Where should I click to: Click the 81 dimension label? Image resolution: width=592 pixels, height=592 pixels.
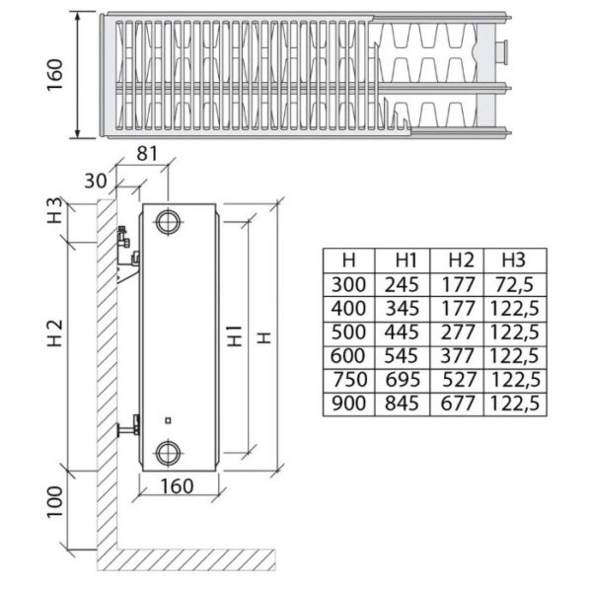(x=147, y=154)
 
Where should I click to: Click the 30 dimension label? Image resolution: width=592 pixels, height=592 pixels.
(x=96, y=181)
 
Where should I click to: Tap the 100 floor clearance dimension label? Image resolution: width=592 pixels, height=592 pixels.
(x=54, y=502)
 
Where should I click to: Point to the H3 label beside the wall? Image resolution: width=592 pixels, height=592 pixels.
(x=54, y=210)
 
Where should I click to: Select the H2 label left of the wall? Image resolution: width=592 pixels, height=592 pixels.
(x=54, y=333)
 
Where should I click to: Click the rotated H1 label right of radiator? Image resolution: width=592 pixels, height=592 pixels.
(x=236, y=336)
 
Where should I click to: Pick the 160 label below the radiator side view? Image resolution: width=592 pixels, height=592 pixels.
(x=177, y=486)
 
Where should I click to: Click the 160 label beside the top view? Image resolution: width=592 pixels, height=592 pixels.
(x=54, y=74)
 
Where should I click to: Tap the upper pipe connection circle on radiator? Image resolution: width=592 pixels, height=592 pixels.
(x=169, y=222)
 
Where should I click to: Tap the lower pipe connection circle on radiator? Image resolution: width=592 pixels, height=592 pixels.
(x=169, y=453)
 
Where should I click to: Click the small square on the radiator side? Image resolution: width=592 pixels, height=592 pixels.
(x=169, y=420)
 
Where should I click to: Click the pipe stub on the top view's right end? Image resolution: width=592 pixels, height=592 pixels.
(x=501, y=52)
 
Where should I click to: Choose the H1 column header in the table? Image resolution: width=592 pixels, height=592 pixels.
(x=406, y=260)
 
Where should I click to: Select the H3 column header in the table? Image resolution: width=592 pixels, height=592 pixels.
(x=513, y=260)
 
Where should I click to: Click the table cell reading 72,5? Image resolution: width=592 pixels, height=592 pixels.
(x=514, y=285)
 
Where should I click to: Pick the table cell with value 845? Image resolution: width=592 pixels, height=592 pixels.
(x=402, y=404)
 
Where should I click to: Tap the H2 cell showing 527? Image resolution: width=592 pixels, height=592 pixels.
(x=458, y=380)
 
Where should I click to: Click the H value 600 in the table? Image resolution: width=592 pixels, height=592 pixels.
(x=347, y=356)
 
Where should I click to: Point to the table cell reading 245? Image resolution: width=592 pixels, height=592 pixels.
(x=402, y=285)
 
